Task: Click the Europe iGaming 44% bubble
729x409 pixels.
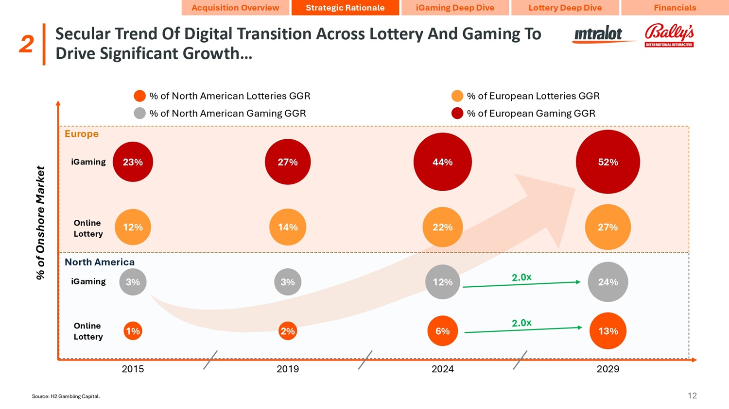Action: coord(442,162)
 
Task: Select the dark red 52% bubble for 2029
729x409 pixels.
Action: coord(607,162)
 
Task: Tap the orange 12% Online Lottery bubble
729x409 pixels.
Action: coord(133,227)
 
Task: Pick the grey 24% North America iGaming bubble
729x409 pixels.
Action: coord(607,282)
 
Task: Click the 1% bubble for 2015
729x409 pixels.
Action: coord(133,331)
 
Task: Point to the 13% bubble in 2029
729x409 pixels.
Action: coord(607,331)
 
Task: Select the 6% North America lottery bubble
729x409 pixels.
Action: coord(442,331)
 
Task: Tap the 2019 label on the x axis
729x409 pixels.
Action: coord(288,369)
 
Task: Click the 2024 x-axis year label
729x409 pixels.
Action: coord(442,369)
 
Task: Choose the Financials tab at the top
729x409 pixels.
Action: coord(675,8)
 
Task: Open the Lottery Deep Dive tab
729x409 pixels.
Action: coord(565,8)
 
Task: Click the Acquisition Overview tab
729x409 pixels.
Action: coord(235,8)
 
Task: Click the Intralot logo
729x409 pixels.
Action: coord(598,35)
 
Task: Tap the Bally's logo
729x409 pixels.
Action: coord(669,35)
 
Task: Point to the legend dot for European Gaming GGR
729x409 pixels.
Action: coord(457,113)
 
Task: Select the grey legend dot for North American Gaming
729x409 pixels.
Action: coord(139,113)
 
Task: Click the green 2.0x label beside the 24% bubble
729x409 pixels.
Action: coord(521,277)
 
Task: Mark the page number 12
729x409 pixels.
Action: coord(692,395)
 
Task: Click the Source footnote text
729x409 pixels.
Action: coord(66,396)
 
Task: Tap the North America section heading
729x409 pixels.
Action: coord(100,262)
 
